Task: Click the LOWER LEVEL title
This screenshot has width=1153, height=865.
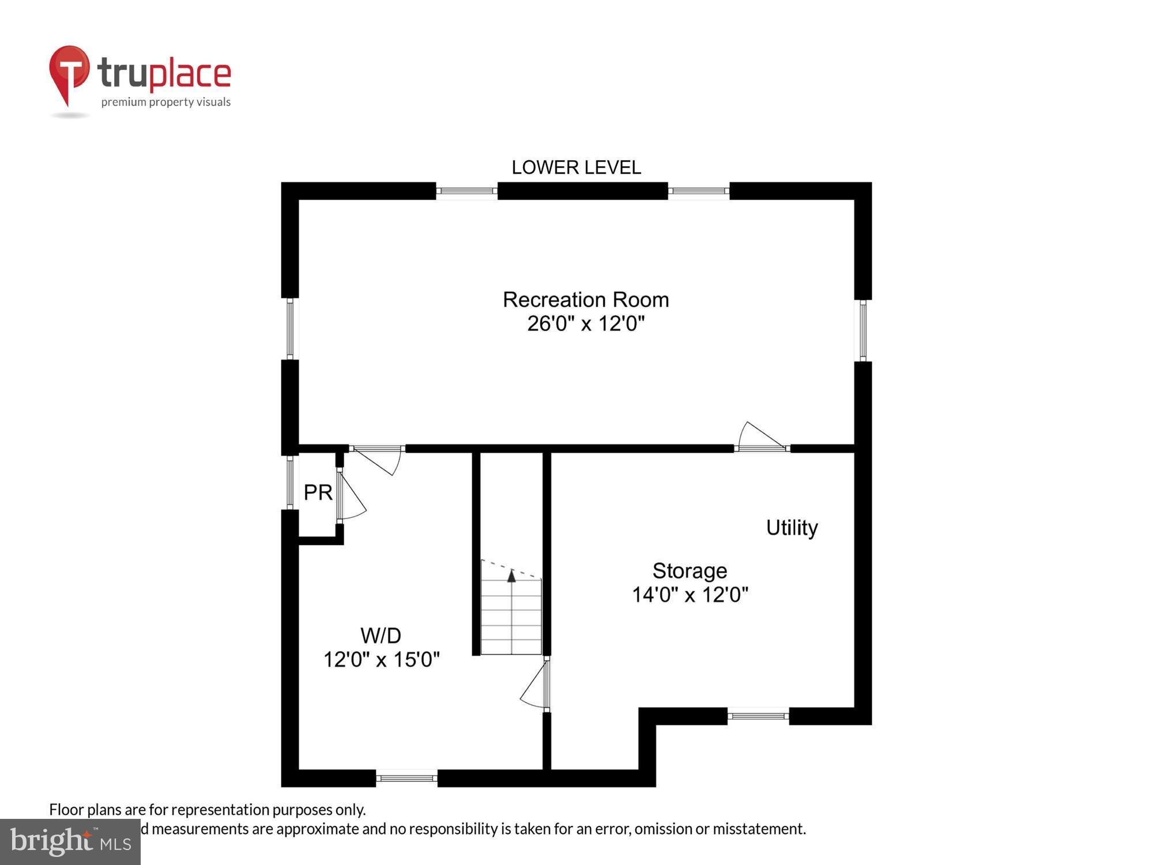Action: (576, 168)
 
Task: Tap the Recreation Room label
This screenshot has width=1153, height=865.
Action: (586, 300)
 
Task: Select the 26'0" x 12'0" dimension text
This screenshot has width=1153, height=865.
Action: (586, 324)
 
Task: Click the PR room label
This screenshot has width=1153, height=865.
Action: (318, 492)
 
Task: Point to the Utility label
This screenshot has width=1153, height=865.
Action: (792, 528)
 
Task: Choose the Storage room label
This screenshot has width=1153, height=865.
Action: (689, 571)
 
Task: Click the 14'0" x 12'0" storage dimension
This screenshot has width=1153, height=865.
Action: (690, 595)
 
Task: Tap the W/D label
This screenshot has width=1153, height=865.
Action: (380, 635)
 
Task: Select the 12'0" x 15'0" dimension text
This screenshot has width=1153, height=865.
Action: (381, 660)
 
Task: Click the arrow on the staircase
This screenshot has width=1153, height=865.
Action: (511, 576)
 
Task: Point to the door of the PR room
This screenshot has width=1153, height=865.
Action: (349, 496)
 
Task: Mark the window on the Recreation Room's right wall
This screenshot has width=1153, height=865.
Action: (862, 330)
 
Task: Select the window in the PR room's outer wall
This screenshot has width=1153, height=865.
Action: (290, 482)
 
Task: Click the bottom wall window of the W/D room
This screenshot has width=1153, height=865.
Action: (406, 778)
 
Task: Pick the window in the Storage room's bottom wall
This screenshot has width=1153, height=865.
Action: (758, 716)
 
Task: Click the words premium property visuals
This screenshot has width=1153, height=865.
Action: (166, 103)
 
